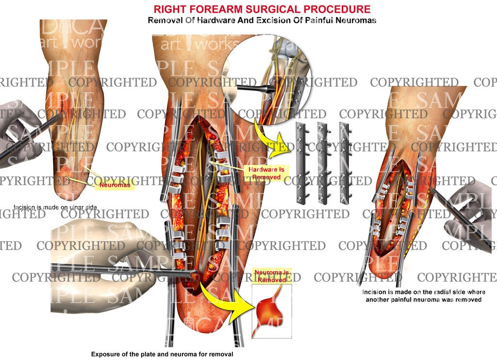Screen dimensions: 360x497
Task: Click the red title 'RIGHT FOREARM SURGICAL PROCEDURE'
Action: [x=262, y=9]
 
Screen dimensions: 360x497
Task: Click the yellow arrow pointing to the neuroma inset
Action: [x=228, y=306]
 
